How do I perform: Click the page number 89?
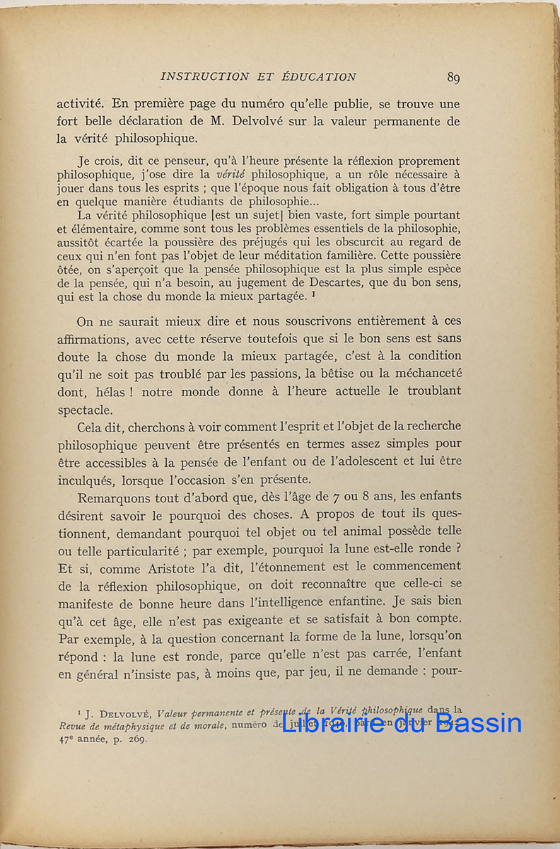tap(453, 78)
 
